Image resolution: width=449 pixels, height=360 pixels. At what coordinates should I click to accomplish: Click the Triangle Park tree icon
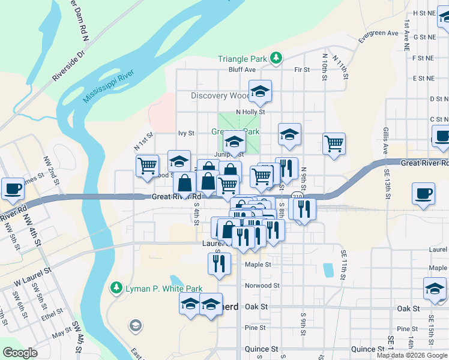(x=276, y=58)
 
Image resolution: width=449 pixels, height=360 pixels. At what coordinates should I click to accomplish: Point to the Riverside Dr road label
(x=70, y=67)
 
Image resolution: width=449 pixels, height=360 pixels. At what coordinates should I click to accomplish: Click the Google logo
(x=20, y=353)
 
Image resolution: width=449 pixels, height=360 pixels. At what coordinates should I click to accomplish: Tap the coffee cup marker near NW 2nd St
(x=13, y=188)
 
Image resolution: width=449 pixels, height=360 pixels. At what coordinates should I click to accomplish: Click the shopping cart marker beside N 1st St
(x=147, y=165)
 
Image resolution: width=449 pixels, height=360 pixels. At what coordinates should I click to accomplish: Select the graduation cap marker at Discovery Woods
(x=260, y=91)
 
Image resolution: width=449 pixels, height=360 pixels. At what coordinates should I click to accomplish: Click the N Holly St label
(x=250, y=112)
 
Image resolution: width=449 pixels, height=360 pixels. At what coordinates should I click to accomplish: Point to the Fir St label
(x=302, y=70)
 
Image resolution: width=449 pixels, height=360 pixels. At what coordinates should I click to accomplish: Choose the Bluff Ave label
(x=243, y=70)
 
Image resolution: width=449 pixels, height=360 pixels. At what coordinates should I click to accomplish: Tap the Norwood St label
(x=262, y=286)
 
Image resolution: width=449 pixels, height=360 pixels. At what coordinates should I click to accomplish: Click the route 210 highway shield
(x=298, y=196)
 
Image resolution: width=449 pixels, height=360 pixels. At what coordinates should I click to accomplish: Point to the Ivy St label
(x=187, y=133)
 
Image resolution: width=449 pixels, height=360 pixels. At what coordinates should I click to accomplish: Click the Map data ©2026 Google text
(x=412, y=355)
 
